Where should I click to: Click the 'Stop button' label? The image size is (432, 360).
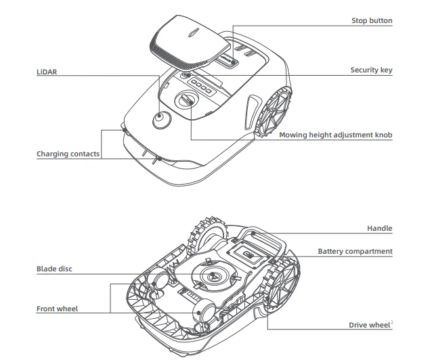tap(372, 21)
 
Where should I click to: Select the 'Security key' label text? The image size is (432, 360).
tap(371, 70)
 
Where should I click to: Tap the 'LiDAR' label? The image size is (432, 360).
tap(45, 70)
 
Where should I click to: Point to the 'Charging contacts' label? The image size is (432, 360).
tap(68, 154)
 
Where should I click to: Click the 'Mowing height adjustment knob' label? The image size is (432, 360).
tap(336, 135)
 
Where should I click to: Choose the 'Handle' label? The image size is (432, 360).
tap(379, 229)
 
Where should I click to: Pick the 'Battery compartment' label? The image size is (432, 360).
tap(355, 251)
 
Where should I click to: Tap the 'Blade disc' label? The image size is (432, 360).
tap(54, 269)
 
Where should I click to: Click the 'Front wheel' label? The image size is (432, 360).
tap(57, 309)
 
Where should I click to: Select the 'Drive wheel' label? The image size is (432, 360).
tap(369, 325)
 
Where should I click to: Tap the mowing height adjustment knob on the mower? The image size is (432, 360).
tap(186, 101)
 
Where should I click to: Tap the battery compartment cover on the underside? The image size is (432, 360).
tap(244, 254)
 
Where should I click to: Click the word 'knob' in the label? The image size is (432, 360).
tap(381, 135)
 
